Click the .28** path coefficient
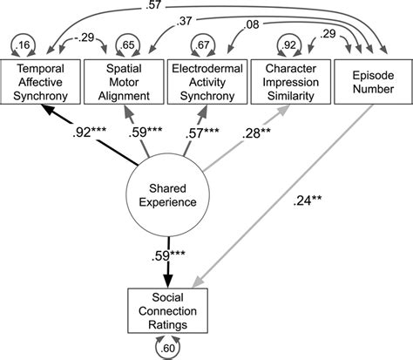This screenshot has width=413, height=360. click(x=260, y=134)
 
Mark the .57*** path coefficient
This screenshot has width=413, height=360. click(x=202, y=134)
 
